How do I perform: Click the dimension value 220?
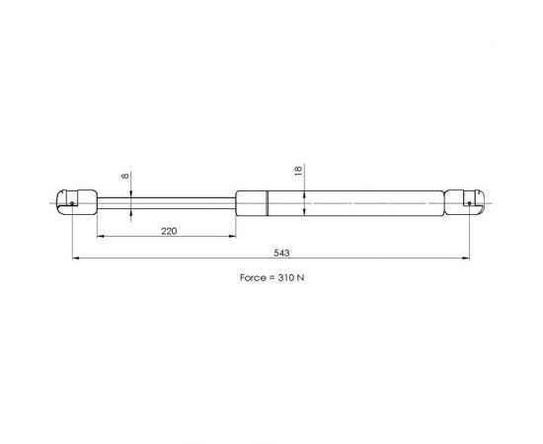[169, 231]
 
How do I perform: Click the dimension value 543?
[281, 253]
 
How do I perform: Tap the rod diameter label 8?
[125, 176]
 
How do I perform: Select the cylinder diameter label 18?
[298, 171]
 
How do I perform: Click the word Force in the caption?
[253, 277]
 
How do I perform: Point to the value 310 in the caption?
[285, 277]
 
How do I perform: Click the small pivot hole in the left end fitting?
[72, 203]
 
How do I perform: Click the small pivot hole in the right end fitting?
[469, 203]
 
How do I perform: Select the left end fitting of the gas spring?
[76, 202]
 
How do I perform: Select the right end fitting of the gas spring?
[464, 203]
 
